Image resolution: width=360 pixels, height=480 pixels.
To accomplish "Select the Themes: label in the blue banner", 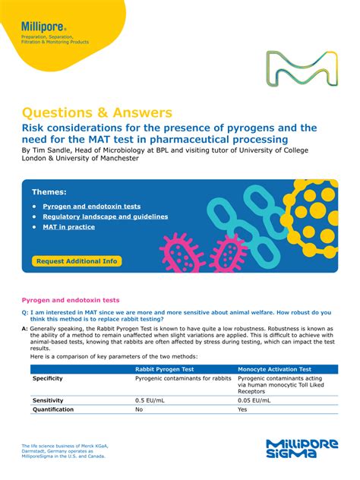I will [x=49, y=192].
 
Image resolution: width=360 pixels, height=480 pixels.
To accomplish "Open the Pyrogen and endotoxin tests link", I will [x=91, y=206].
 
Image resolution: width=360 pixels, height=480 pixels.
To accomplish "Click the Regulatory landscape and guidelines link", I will [x=105, y=216].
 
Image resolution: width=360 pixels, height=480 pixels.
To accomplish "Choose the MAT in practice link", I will [x=69, y=226].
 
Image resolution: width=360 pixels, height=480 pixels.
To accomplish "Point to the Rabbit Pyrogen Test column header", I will [x=168, y=368].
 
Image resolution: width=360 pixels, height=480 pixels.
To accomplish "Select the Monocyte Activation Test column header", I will [x=274, y=368].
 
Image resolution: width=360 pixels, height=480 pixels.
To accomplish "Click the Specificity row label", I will [x=48, y=378].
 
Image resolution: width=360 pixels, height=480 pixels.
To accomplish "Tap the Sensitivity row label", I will [x=48, y=400].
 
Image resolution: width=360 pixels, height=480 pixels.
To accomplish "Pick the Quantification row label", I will [x=52, y=409].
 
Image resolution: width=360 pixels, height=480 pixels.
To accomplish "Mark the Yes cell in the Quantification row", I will [x=243, y=409].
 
